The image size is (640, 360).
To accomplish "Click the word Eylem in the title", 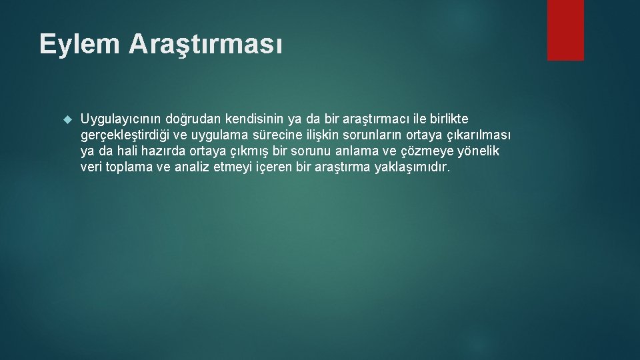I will tap(79, 45).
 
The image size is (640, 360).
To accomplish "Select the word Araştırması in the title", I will tap(206, 45).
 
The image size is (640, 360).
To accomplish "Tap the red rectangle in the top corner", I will tap(565, 30).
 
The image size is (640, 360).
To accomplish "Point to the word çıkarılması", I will tap(479, 135).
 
